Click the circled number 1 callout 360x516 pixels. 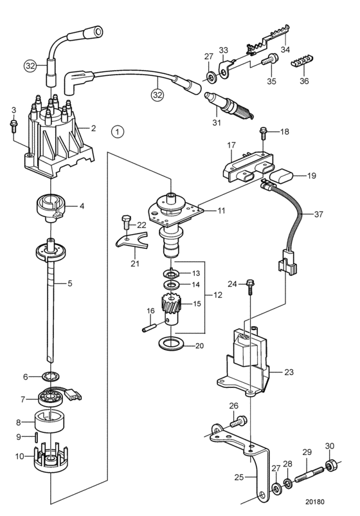(118, 132)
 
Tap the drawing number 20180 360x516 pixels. (314, 501)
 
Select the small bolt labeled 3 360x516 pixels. (14, 126)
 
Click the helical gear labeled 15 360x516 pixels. (170, 305)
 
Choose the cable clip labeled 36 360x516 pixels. (302, 60)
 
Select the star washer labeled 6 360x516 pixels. (50, 376)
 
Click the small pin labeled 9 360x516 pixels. (37, 438)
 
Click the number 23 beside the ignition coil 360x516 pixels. (289, 372)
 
